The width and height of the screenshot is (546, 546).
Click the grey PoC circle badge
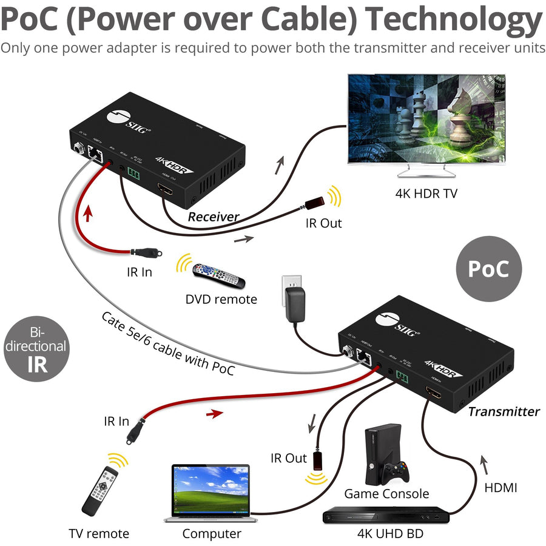[488, 268]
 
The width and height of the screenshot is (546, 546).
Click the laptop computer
[211, 491]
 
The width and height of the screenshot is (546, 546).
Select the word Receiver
[213, 217]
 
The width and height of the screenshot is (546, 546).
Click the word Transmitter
[503, 411]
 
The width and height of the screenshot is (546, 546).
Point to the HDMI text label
[500, 487]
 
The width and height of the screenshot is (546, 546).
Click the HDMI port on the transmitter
[434, 394]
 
